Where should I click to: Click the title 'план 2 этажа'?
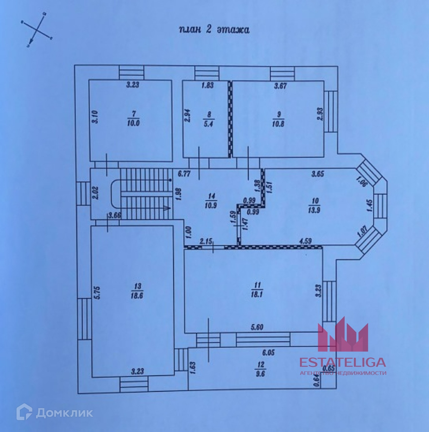214,29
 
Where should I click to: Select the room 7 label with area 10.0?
133,119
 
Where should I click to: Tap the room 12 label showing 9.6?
261,369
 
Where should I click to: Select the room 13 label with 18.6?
137,291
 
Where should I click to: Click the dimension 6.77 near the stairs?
184,174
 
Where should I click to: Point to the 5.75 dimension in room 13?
97,292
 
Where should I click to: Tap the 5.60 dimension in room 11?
257,327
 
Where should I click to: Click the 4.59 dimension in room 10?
305,241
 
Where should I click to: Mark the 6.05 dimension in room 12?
269,352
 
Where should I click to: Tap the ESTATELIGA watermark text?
343,362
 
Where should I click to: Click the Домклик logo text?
64,412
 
